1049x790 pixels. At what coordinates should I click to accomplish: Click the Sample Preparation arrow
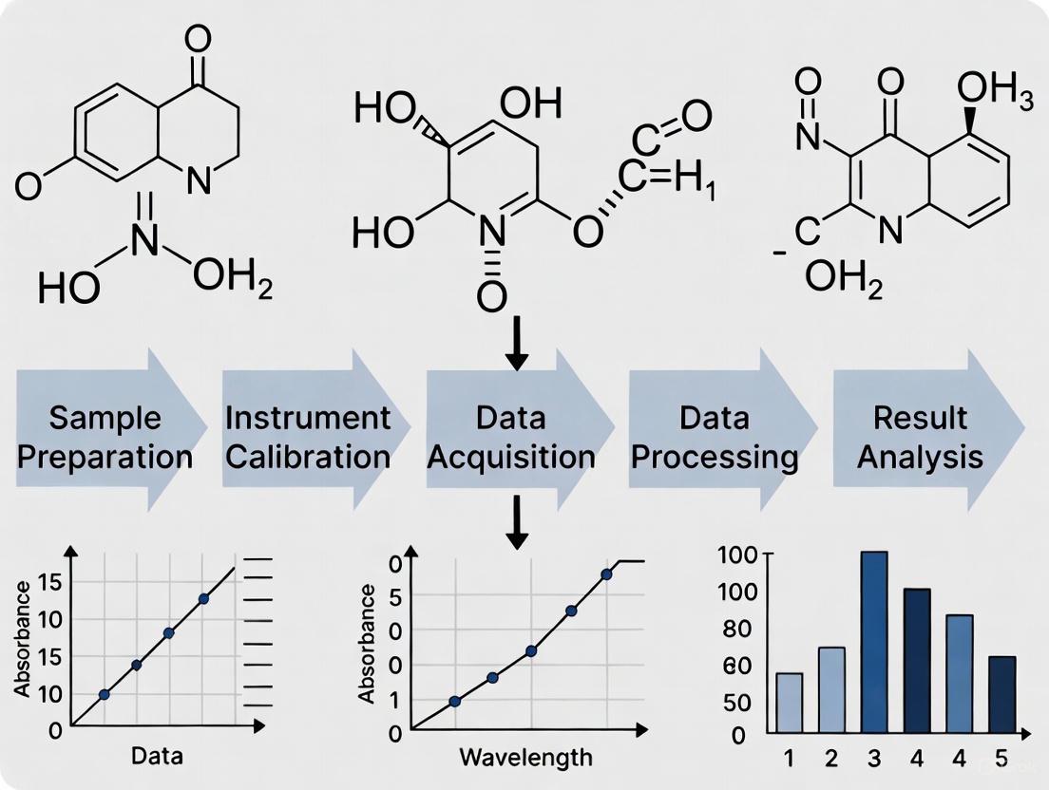tap(105, 437)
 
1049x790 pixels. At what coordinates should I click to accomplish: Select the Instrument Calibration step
tap(309, 437)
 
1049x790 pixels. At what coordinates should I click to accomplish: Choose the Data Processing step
tap(715, 437)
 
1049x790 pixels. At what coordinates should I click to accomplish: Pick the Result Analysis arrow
tap(919, 437)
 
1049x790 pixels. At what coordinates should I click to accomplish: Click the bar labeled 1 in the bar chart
tap(790, 703)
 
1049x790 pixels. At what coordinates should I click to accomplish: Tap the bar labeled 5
tap(1002, 694)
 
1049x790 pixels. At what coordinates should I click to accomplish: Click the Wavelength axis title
tap(525, 758)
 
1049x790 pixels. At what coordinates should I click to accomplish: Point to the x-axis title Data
tap(157, 757)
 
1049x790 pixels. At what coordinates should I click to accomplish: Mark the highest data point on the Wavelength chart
tap(606, 574)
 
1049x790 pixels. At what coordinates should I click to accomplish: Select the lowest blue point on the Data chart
tap(104, 694)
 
